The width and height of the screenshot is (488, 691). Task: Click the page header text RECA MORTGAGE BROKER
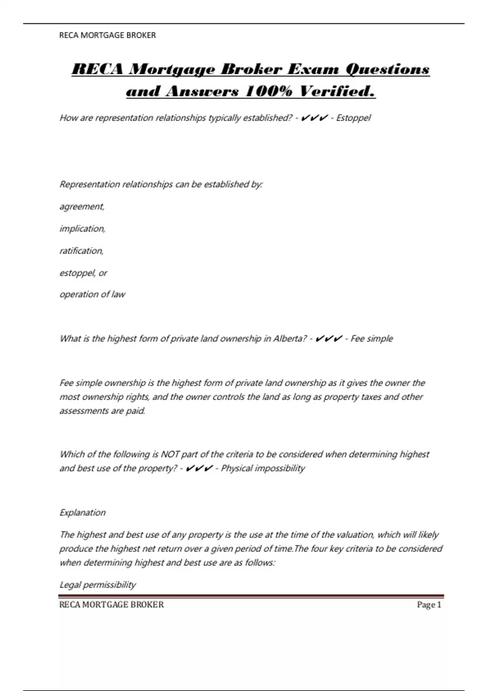pyautogui.click(x=107, y=35)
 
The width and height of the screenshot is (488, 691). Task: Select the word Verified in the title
pyautogui.click(x=337, y=91)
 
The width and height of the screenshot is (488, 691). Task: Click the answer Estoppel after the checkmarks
pyautogui.click(x=353, y=118)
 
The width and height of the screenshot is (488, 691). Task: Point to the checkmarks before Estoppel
pyautogui.click(x=314, y=118)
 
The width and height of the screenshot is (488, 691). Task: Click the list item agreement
pyautogui.click(x=82, y=206)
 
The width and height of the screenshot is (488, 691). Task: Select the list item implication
pyautogui.click(x=83, y=228)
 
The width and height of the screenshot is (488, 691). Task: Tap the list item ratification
pyautogui.click(x=82, y=251)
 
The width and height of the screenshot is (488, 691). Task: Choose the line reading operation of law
pyautogui.click(x=92, y=294)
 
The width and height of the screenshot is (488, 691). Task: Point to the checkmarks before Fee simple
pyautogui.click(x=329, y=339)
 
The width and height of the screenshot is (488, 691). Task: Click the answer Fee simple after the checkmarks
pyautogui.click(x=372, y=339)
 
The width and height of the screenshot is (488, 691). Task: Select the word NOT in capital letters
pyautogui.click(x=170, y=454)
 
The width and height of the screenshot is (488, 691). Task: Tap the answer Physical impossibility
pyautogui.click(x=263, y=468)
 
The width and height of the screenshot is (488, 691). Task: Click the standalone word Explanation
pyautogui.click(x=83, y=513)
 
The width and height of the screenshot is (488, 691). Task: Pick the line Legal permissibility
pyautogui.click(x=98, y=585)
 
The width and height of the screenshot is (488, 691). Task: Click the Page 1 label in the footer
pyautogui.click(x=429, y=605)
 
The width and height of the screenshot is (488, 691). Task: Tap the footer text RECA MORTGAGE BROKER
pyautogui.click(x=111, y=605)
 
